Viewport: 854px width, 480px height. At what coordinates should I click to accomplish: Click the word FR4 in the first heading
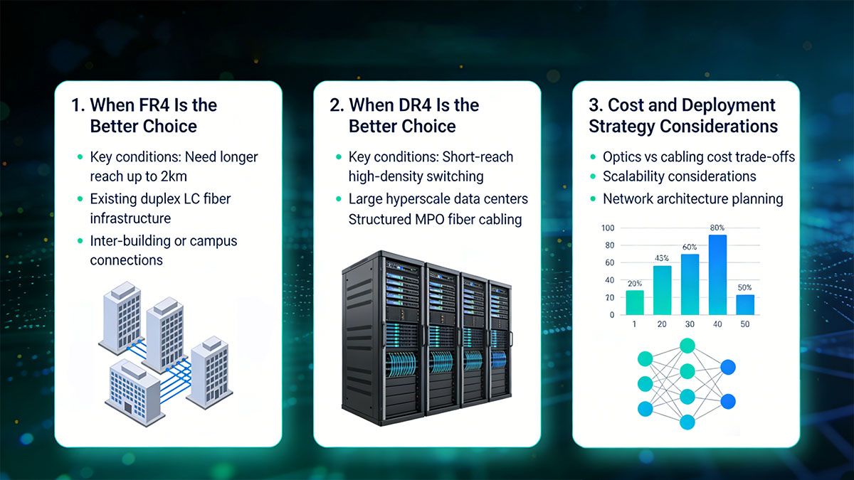tap(154, 105)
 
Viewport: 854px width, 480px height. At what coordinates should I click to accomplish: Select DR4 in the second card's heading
tap(413, 105)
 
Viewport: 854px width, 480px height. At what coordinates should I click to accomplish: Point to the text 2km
tap(174, 176)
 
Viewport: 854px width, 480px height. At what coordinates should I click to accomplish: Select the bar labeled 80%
tap(717, 274)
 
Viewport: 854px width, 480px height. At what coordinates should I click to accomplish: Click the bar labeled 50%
tap(745, 305)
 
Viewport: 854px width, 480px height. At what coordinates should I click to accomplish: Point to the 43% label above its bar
tap(662, 258)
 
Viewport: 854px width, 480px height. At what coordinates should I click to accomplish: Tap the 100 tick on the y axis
tap(608, 228)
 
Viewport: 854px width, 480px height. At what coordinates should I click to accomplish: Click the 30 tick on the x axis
tap(690, 324)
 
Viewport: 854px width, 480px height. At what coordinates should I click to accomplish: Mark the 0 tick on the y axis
tap(612, 315)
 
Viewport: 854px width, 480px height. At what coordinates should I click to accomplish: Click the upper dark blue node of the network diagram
tap(728, 367)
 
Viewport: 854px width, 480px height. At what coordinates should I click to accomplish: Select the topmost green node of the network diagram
tap(687, 346)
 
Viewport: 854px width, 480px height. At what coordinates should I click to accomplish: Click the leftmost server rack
tap(383, 338)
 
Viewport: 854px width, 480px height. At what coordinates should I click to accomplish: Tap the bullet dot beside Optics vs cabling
tap(593, 157)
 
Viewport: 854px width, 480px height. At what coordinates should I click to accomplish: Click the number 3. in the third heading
tap(595, 105)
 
